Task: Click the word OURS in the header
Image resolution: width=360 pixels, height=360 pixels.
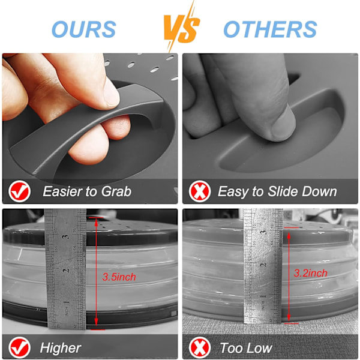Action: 84,29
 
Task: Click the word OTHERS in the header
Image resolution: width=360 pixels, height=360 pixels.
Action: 270,29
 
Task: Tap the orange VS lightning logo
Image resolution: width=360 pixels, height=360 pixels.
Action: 181,26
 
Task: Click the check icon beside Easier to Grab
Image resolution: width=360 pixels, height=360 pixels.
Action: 20,191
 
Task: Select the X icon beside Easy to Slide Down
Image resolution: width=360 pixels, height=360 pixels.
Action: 200,191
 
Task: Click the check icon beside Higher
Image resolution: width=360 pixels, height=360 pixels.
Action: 20,347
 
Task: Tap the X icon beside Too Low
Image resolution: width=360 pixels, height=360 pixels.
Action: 200,347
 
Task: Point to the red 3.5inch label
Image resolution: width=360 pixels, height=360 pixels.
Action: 119,277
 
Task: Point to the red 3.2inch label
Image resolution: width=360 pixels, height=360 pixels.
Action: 310,273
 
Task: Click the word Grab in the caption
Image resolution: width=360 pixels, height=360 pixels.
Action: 116,191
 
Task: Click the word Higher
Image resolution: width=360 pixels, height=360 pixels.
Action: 61,348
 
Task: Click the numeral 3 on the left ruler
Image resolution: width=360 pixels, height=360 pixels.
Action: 66,236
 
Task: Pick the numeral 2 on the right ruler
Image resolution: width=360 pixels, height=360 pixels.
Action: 263,265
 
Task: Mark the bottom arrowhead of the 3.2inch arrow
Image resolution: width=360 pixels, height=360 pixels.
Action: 289,317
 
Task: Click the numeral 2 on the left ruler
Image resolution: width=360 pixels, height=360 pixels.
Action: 66,271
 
